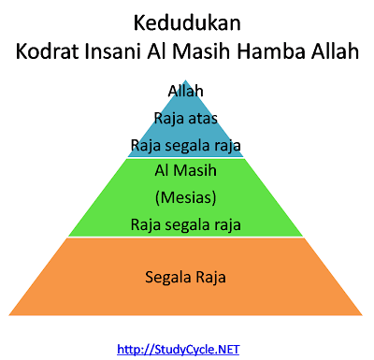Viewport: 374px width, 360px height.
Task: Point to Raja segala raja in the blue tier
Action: pos(186,145)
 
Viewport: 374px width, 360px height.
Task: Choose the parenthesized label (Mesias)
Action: pos(186,197)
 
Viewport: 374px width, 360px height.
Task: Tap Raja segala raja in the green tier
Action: pos(186,224)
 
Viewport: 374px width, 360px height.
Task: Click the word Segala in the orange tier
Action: pos(167,277)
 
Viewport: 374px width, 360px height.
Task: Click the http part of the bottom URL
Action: pos(130,350)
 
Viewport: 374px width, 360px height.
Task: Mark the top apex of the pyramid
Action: pos(186,78)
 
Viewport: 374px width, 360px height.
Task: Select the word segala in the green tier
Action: pos(186,224)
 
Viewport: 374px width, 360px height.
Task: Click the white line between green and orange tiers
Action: pos(186,238)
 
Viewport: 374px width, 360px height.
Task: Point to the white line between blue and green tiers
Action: pos(186,157)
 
